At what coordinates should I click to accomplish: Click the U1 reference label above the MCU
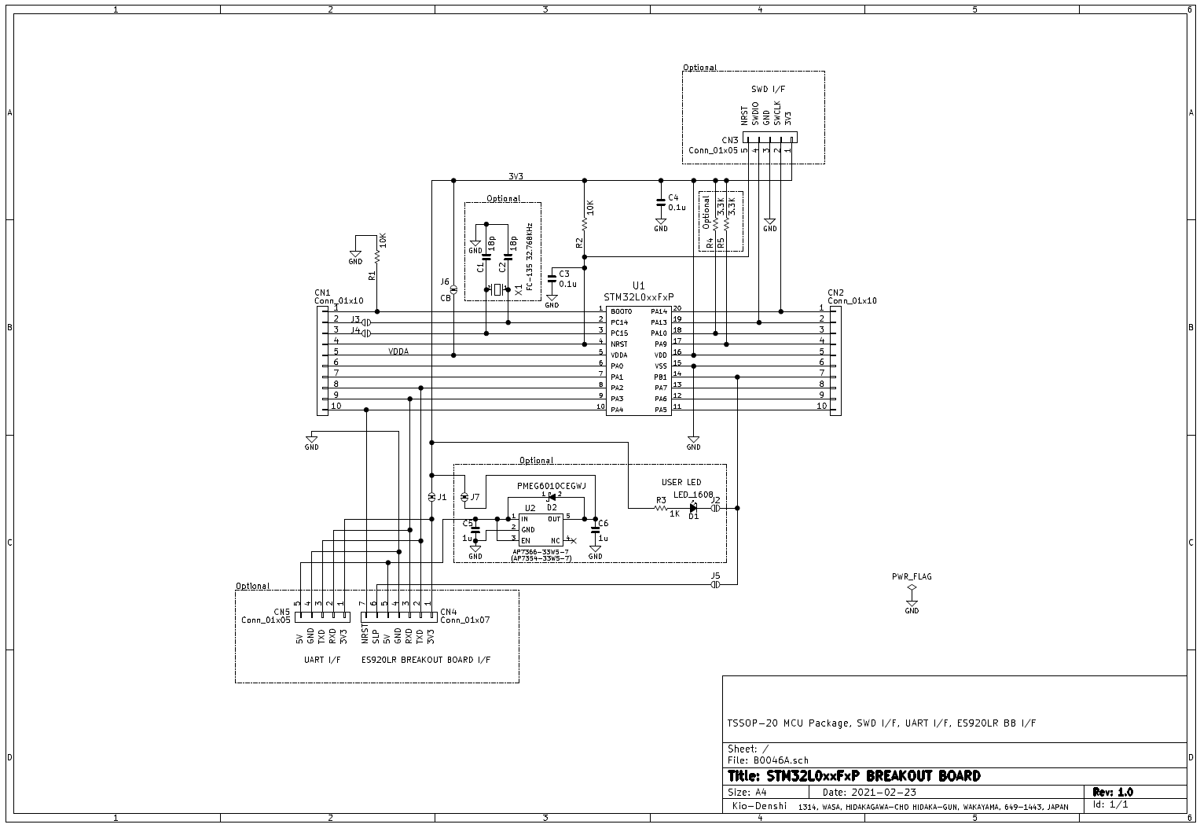(638, 285)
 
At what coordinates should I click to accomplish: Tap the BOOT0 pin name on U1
(620, 312)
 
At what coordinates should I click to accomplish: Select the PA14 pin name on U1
(659, 312)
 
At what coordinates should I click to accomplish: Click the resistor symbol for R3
(661, 508)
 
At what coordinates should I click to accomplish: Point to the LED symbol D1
(693, 508)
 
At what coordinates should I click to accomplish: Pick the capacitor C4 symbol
(661, 204)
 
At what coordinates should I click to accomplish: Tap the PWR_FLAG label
(912, 576)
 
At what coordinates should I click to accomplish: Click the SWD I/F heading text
(768, 90)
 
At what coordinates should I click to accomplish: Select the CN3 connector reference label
(730, 141)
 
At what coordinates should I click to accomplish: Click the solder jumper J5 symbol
(715, 585)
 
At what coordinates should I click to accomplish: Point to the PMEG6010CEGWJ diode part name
(551, 486)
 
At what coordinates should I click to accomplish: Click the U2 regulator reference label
(530, 508)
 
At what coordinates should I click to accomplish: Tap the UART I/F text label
(322, 660)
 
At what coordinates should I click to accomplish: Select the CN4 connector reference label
(449, 612)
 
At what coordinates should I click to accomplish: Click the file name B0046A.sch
(780, 760)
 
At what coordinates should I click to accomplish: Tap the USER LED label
(681, 482)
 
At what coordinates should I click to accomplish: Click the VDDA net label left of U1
(398, 351)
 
